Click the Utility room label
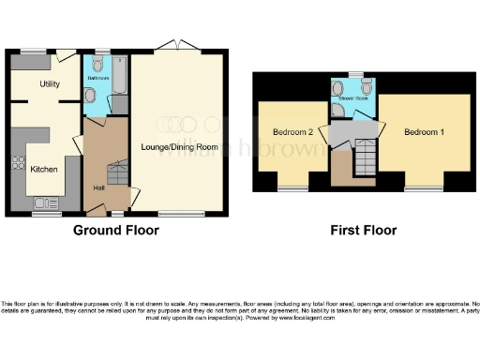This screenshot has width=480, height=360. [50, 84]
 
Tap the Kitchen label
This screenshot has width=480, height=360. [43, 169]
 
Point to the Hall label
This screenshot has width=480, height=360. [99, 187]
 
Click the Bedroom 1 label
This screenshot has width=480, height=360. [424, 132]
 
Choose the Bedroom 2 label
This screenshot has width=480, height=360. [292, 132]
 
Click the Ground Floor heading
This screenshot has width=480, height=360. [115, 230]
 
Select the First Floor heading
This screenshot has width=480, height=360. [364, 230]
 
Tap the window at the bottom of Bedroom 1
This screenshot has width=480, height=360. [424, 189]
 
